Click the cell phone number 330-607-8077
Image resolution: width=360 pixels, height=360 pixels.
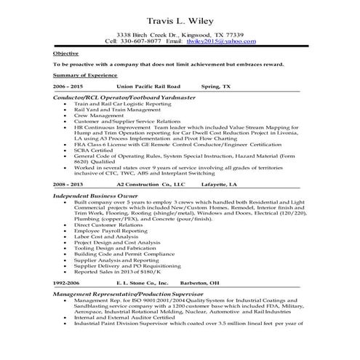tap(144, 41)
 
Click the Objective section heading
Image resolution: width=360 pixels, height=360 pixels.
tap(65, 54)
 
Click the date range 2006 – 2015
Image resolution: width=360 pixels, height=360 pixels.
tap(69, 85)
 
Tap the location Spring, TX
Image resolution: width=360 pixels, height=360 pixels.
tap(217, 85)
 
